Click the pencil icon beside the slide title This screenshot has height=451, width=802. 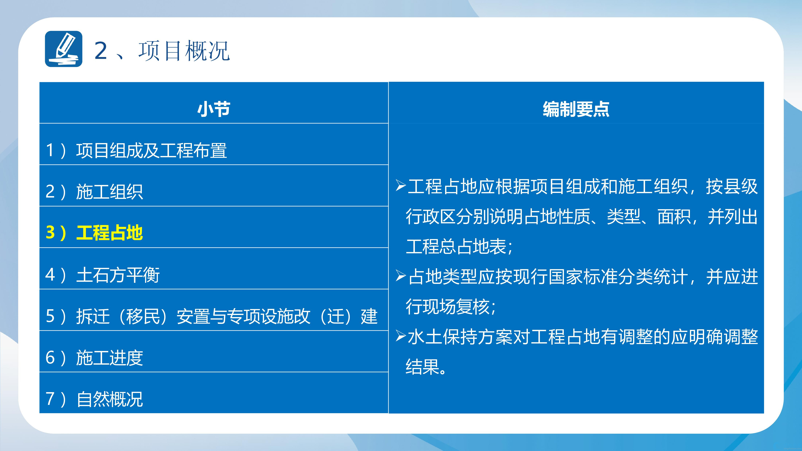63,49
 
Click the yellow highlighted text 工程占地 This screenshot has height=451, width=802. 110,233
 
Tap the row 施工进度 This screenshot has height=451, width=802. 110,358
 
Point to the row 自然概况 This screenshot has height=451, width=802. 110,399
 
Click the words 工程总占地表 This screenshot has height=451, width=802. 456,247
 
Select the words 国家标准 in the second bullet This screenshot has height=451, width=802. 582,277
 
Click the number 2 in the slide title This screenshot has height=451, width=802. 101,50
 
